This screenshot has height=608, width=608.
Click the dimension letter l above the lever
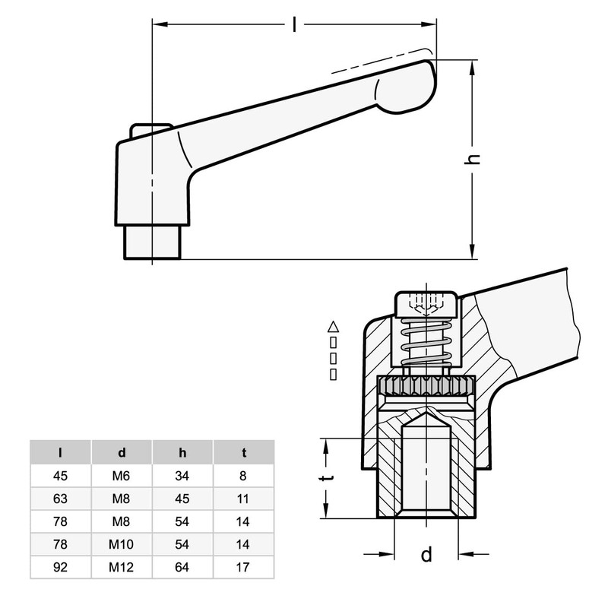(294, 24)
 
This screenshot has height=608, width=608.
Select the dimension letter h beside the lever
(473, 158)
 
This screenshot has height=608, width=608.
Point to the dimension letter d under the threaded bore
(426, 555)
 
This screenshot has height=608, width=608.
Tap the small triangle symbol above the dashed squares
(332, 327)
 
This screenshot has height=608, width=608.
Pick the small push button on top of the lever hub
(151, 131)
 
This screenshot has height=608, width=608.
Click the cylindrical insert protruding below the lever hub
(152, 242)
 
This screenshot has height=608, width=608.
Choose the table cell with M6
(122, 477)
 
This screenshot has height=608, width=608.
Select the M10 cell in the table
(122, 543)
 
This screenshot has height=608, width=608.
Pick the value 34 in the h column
(182, 477)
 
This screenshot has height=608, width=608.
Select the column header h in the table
(182, 453)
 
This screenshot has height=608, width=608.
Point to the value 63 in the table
(61, 499)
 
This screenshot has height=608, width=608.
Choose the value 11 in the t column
(244, 499)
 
